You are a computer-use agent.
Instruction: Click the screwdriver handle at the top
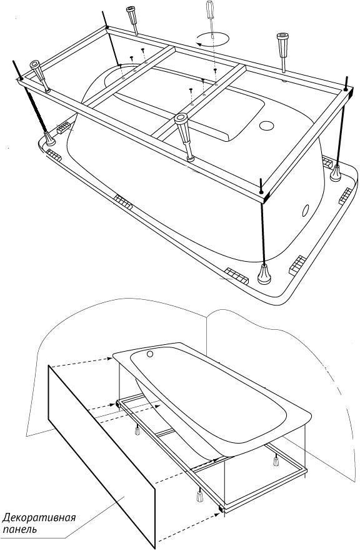(x=210, y=9)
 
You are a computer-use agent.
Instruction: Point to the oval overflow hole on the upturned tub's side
(x=306, y=210)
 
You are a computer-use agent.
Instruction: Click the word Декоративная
(x=39, y=519)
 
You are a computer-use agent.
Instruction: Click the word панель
(x=20, y=529)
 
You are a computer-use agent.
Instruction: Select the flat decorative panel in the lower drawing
(x=101, y=457)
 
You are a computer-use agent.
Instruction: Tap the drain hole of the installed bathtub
(x=151, y=354)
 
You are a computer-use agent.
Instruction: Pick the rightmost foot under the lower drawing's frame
(x=276, y=460)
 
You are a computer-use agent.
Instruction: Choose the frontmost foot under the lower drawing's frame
(x=200, y=496)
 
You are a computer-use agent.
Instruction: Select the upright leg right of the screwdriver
(x=283, y=52)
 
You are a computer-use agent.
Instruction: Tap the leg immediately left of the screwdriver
(x=132, y=20)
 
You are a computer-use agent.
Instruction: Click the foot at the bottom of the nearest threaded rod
(x=264, y=274)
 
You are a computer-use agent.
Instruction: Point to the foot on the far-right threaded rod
(x=336, y=173)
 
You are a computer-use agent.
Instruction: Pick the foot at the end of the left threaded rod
(x=49, y=139)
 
